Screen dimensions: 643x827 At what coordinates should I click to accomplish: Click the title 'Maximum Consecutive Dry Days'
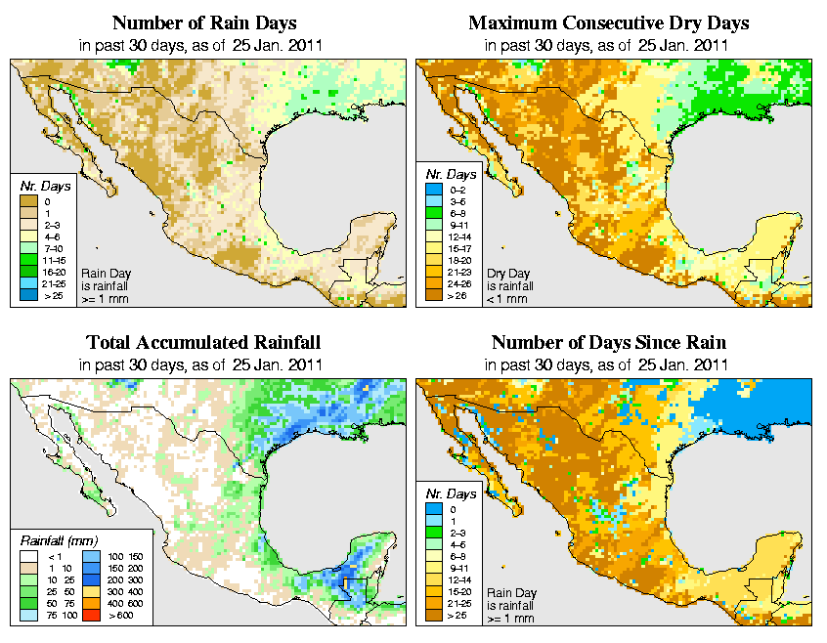coord(608,22)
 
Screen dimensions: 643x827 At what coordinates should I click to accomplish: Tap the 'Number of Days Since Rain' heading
coord(608,343)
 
